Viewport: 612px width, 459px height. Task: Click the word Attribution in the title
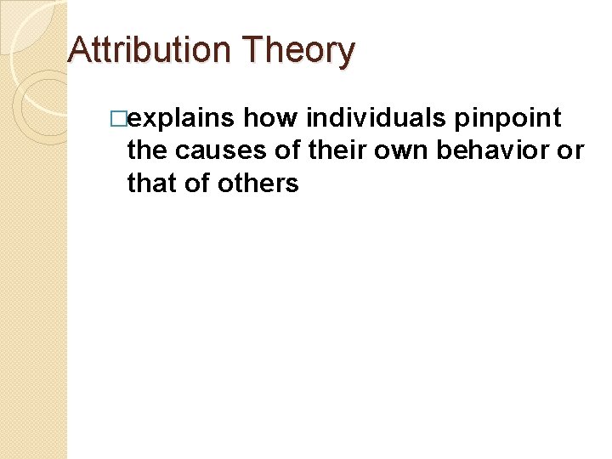[150, 50]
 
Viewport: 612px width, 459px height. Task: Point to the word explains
[179, 119]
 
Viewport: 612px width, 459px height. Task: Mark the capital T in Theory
[251, 50]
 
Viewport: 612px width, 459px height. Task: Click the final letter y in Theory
[346, 54]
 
